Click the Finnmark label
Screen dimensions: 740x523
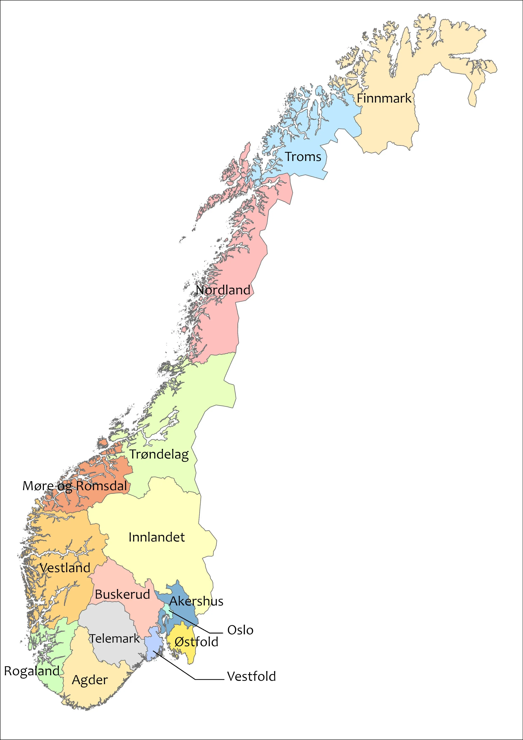point(384,98)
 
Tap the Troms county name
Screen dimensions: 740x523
point(303,157)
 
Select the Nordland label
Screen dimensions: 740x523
point(223,290)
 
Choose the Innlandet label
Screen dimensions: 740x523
point(157,537)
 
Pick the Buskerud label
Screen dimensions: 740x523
point(123,594)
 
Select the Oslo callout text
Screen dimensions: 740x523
point(240,630)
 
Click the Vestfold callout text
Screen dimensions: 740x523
point(251,676)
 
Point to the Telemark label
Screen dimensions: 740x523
point(114,639)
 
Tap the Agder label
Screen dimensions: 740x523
point(90,680)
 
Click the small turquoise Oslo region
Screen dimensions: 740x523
point(167,608)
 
